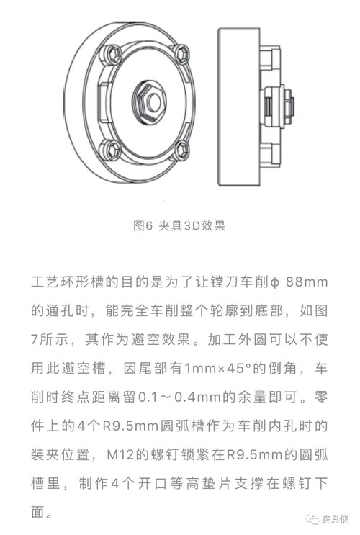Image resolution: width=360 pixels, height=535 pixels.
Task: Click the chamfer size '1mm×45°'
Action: [x=215, y=369]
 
